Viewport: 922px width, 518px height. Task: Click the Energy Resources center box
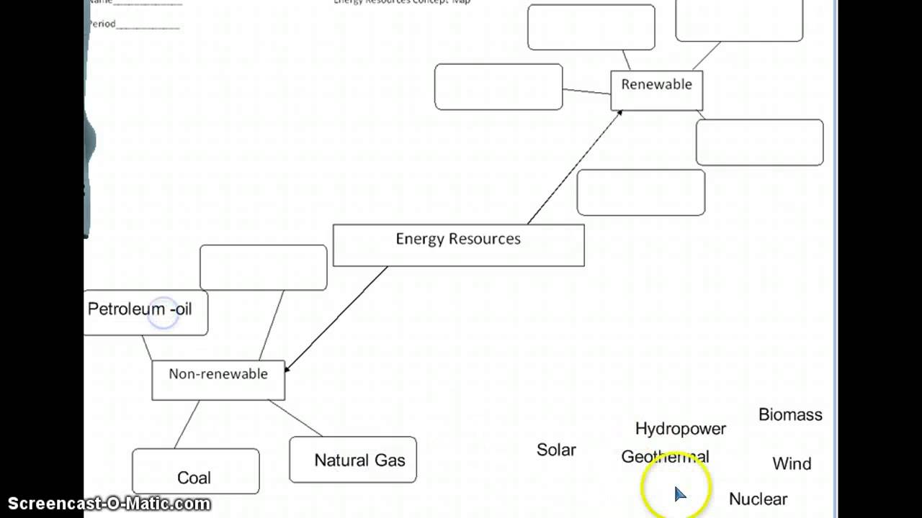[x=458, y=245]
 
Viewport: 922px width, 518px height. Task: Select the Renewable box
[x=656, y=90]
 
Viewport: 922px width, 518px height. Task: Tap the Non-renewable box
[x=218, y=380]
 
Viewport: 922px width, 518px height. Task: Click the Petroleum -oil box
[x=144, y=312]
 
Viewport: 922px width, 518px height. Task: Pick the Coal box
[x=195, y=472]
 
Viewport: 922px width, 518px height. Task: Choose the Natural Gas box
[x=353, y=460]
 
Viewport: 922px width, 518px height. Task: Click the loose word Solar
[x=556, y=450]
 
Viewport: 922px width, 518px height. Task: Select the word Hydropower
[x=680, y=429]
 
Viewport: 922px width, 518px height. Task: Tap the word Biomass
[x=790, y=414]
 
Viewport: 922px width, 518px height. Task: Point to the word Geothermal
[x=664, y=457]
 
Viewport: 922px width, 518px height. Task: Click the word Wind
[x=792, y=464]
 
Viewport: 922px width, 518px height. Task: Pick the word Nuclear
[x=758, y=499]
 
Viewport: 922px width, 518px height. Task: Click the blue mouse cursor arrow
[x=679, y=493]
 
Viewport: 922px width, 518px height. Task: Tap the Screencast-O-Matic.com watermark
[x=109, y=503]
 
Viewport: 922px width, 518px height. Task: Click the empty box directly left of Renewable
[x=498, y=87]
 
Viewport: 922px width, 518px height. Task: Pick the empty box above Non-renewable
[x=263, y=268]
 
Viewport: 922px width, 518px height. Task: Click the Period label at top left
[x=102, y=24]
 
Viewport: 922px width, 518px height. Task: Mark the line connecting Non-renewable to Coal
[x=187, y=424]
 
